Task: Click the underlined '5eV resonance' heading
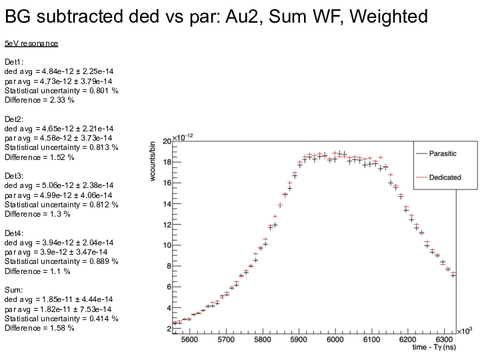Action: pyautogui.click(x=31, y=43)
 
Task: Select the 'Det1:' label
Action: pyautogui.click(x=14, y=62)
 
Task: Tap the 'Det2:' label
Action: pyautogui.click(x=14, y=119)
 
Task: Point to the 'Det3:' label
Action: pyautogui.click(x=14, y=176)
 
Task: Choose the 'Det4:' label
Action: pyautogui.click(x=14, y=233)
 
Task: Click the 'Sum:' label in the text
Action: pyautogui.click(x=14, y=290)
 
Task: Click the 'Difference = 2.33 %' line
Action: pyautogui.click(x=39, y=100)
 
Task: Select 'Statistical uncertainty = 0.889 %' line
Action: pyautogui.click(x=61, y=262)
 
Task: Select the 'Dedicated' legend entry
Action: pyautogui.click(x=444, y=177)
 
